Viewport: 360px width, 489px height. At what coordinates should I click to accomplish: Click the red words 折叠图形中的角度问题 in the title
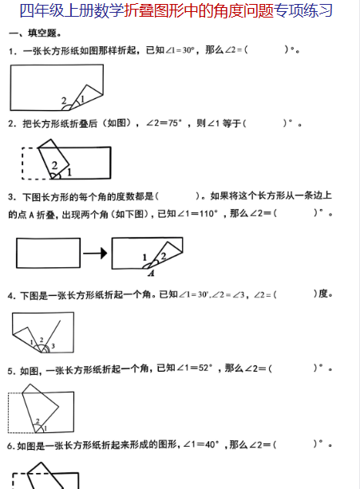(x=199, y=10)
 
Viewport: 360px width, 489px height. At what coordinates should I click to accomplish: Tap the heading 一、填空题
(x=34, y=33)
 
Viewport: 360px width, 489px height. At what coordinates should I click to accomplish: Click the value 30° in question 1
(x=188, y=50)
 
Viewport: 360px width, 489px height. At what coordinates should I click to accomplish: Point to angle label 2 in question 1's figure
(x=64, y=101)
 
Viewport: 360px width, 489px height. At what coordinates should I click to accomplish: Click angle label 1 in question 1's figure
(x=82, y=99)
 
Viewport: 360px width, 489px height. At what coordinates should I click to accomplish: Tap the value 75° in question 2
(x=175, y=123)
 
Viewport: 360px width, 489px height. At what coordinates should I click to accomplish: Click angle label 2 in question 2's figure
(x=54, y=165)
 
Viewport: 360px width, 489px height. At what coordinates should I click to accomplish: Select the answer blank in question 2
(x=265, y=123)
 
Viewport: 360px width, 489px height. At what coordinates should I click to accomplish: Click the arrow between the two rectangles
(x=95, y=253)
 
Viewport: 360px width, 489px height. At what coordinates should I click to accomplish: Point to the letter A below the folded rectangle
(x=152, y=274)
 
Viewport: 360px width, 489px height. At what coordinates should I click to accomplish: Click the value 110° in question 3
(x=208, y=214)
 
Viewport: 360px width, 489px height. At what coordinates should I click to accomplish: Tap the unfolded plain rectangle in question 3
(x=49, y=253)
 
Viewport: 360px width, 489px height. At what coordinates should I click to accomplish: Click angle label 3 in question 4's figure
(x=53, y=346)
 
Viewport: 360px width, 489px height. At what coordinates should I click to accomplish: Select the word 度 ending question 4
(x=322, y=294)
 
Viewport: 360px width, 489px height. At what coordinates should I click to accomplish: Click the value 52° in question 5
(x=205, y=368)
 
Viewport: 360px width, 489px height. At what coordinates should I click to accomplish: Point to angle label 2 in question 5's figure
(x=38, y=421)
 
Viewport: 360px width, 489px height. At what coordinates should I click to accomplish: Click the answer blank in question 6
(x=295, y=444)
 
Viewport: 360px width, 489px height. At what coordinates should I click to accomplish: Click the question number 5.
(x=10, y=371)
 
